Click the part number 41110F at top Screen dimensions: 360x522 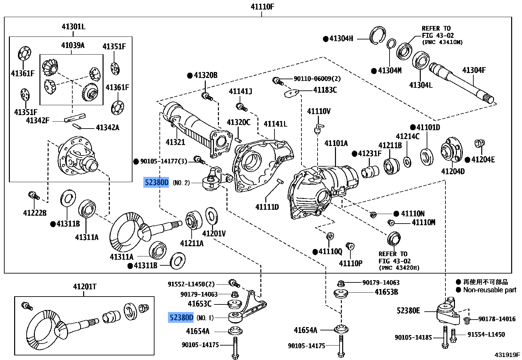(x=262, y=7)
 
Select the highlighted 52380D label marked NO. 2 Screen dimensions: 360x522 (x=156, y=182)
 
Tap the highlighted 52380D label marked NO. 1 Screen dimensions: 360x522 (x=181, y=318)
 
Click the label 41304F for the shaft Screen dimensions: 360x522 (x=474, y=70)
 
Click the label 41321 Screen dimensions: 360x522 (x=175, y=142)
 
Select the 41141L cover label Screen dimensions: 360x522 (x=275, y=124)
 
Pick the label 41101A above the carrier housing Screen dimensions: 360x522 (x=336, y=143)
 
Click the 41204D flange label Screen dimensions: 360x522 (x=453, y=171)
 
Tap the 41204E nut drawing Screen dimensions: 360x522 (x=479, y=144)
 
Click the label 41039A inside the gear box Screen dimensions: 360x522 (x=73, y=45)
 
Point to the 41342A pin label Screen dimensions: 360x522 (x=107, y=128)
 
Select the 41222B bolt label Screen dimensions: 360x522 (x=35, y=213)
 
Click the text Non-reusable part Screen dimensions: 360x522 (x=489, y=290)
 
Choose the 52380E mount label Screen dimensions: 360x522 (x=408, y=311)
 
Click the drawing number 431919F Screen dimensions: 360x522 (x=507, y=355)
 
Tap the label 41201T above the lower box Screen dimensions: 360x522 (x=85, y=287)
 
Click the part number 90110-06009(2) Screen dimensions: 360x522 (x=317, y=79)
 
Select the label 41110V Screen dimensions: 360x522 (x=319, y=111)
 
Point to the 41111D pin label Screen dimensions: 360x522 (x=267, y=207)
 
